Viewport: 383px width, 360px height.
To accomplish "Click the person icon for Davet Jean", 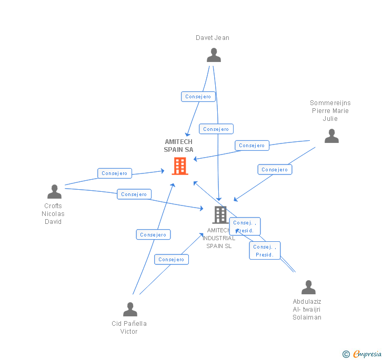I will point(214,55).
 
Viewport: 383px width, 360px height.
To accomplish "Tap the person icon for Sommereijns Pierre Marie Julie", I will point(331,136).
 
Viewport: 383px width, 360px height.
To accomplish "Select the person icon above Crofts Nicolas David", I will point(54,192).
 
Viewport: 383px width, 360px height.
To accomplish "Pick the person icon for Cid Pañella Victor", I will point(130,310).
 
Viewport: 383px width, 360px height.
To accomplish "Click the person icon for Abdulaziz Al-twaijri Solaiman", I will point(308,287).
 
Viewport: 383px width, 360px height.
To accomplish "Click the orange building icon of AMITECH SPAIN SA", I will point(180,166).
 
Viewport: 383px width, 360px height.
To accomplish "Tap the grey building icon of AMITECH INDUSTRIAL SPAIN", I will point(220,215).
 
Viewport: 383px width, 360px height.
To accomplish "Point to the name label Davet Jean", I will point(213,38).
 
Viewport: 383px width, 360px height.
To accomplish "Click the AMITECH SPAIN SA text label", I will point(178,146).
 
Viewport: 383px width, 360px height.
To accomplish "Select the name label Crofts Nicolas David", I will point(53,214).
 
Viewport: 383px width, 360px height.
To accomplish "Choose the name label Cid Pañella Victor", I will point(129,327).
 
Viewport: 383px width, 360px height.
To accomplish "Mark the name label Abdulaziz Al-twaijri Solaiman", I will point(307,310).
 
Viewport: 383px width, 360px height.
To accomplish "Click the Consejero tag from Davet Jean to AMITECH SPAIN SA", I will point(198,97).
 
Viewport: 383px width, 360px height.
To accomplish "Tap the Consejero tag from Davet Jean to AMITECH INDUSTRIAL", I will point(216,129).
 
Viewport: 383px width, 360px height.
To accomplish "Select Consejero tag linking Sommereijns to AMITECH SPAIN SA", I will point(251,146).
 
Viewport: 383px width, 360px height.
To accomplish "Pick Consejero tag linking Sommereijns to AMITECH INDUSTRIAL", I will point(275,169).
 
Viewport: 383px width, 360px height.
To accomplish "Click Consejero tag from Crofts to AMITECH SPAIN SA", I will point(115,173).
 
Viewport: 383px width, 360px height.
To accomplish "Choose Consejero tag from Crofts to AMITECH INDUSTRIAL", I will point(134,194).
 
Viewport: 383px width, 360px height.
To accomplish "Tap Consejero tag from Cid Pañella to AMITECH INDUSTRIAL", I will point(171,259).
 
